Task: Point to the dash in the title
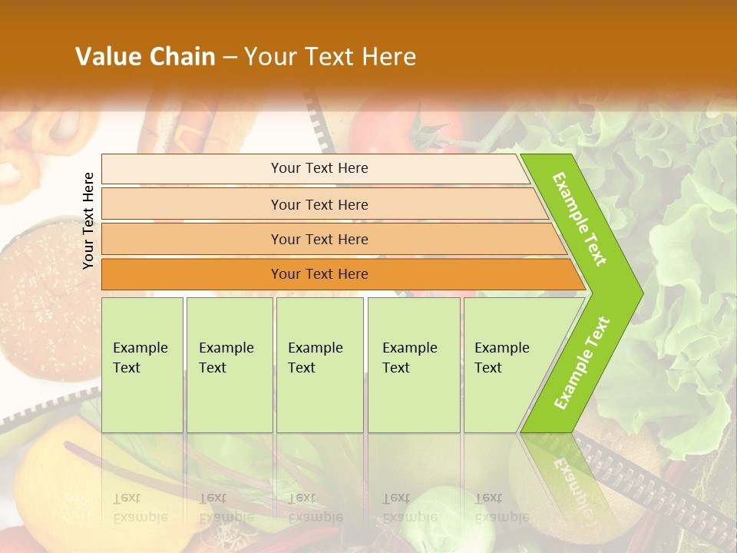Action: click(x=230, y=58)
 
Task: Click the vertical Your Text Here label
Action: click(x=88, y=220)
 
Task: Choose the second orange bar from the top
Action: click(x=319, y=204)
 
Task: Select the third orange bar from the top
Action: click(x=319, y=239)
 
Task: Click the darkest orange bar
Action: click(x=319, y=274)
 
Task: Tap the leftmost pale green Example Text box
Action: click(x=142, y=365)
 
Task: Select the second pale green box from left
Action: click(x=229, y=365)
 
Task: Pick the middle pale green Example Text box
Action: click(x=319, y=365)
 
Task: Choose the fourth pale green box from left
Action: click(x=413, y=365)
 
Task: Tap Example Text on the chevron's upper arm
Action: click(x=580, y=219)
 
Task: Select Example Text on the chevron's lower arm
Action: click(x=582, y=363)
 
